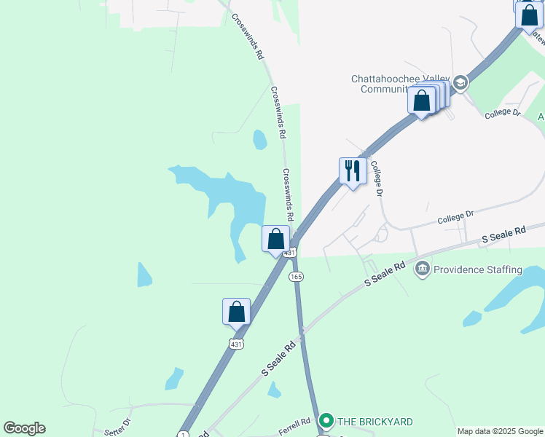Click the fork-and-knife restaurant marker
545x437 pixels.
pyautogui.click(x=353, y=171)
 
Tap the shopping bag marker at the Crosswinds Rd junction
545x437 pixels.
pyautogui.click(x=275, y=239)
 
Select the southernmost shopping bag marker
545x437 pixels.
pyautogui.click(x=236, y=312)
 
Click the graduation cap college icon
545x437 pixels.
pyautogui.click(x=460, y=83)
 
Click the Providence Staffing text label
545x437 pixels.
pyautogui.click(x=477, y=269)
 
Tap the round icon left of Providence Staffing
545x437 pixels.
pyautogui.click(x=422, y=269)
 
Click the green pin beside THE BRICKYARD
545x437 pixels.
pyautogui.click(x=326, y=421)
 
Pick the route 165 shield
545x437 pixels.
pyautogui.click(x=296, y=277)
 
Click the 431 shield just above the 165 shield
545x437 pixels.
pyautogui.click(x=290, y=253)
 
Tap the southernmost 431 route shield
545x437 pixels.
pyautogui.click(x=235, y=344)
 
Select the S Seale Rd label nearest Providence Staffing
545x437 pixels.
pyautogui.click(x=385, y=275)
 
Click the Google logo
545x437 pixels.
pyautogui.click(x=24, y=428)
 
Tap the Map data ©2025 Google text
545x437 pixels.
pyautogui.click(x=499, y=431)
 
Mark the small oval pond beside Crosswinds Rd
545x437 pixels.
pyautogui.click(x=259, y=138)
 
